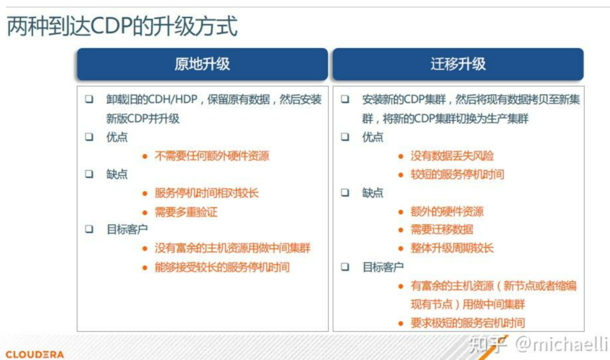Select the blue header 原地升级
pyautogui.click(x=202, y=64)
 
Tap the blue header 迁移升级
pyautogui.click(x=458, y=64)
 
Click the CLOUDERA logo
pyautogui.click(x=35, y=354)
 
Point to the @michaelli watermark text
pyautogui.click(x=561, y=345)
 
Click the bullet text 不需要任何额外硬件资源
pyautogui.click(x=212, y=156)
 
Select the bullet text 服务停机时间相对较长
pyautogui.click(x=206, y=193)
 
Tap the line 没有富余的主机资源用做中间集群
pyautogui.click(x=233, y=248)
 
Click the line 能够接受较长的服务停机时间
pyautogui.click(x=222, y=267)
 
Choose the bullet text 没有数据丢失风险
pyautogui.click(x=452, y=156)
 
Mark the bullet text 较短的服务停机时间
pyautogui.click(x=457, y=175)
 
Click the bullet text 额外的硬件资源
pyautogui.click(x=447, y=212)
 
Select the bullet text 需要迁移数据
pyautogui.click(x=442, y=229)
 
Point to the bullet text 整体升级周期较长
pyautogui.click(x=452, y=248)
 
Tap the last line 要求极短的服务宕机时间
pyautogui.click(x=467, y=323)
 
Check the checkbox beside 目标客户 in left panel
pyautogui.click(x=89, y=229)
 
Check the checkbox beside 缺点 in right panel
pyautogui.click(x=345, y=193)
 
